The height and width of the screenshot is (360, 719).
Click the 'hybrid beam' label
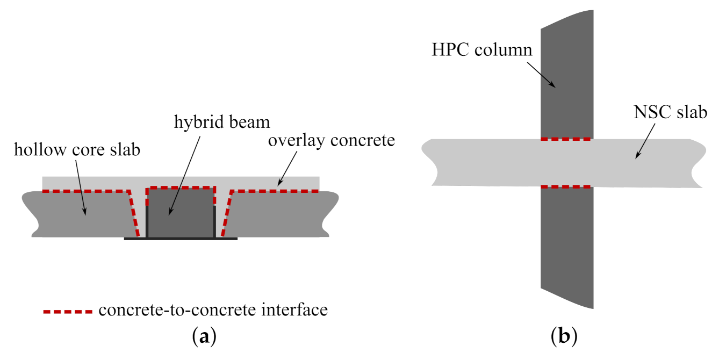221,122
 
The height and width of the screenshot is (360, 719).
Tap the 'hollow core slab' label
77,149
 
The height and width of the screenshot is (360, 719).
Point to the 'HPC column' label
481,50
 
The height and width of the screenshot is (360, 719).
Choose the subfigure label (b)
564,337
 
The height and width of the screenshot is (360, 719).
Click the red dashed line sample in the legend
69,311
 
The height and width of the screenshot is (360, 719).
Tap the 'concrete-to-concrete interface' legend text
213,311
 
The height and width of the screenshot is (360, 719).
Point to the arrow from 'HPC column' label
543,74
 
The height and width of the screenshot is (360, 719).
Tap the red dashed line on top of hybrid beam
181,188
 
